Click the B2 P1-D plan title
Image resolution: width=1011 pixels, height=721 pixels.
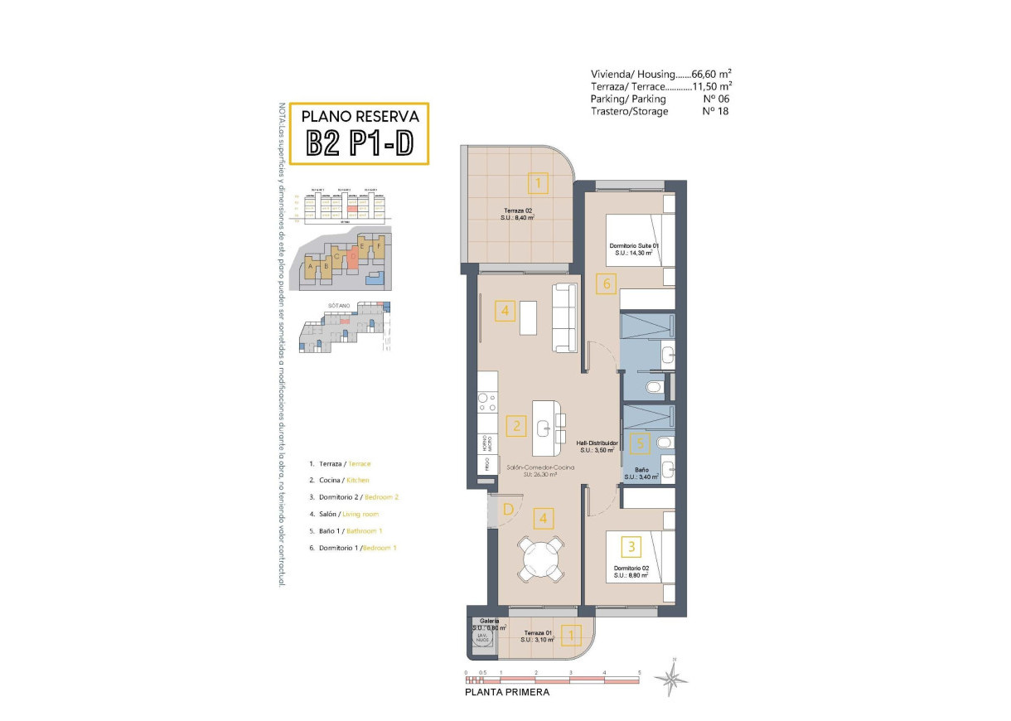(x=360, y=143)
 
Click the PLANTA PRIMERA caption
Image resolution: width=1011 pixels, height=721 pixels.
(x=507, y=692)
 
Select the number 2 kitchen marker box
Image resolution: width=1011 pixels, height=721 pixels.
(x=516, y=427)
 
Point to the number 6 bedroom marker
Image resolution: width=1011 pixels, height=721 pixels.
(x=607, y=284)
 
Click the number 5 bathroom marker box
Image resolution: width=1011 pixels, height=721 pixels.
(x=639, y=443)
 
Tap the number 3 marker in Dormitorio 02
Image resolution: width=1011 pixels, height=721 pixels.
(x=632, y=547)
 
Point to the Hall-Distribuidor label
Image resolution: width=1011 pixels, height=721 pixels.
(x=597, y=446)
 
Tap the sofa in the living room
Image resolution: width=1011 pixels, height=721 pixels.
(x=565, y=317)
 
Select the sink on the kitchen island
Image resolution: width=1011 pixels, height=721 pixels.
(x=544, y=428)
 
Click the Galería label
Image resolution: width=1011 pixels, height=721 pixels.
(x=488, y=621)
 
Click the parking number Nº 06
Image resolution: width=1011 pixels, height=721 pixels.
(x=714, y=99)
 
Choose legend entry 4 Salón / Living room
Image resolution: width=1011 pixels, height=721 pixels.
(x=343, y=515)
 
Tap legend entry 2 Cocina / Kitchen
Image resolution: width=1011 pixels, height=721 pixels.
(x=338, y=480)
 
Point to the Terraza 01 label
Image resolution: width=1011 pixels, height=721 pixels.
(x=537, y=634)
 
